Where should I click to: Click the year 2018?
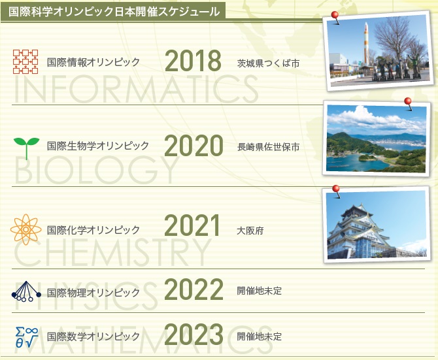tap(193, 61)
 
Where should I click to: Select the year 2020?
tap(194, 146)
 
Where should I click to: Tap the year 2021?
tap(192, 225)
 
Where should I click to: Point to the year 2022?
tap(194, 289)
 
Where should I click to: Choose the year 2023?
tap(194, 335)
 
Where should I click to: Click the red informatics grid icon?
tap(25, 61)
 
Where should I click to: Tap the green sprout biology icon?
tap(27, 148)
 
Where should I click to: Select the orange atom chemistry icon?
tap(25, 229)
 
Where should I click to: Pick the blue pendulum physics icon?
tap(26, 291)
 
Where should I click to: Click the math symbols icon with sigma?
tap(27, 337)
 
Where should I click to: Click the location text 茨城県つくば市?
tap(268, 63)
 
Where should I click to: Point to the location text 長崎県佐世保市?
tap(268, 147)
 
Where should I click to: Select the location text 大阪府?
tap(250, 231)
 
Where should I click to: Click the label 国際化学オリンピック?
tap(93, 230)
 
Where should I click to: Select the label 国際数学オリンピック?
tap(93, 336)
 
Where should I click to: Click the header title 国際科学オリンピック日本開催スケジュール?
tap(114, 12)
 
